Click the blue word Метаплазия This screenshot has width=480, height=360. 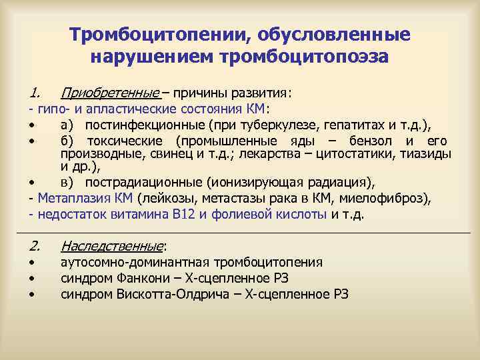coord(68,198)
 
